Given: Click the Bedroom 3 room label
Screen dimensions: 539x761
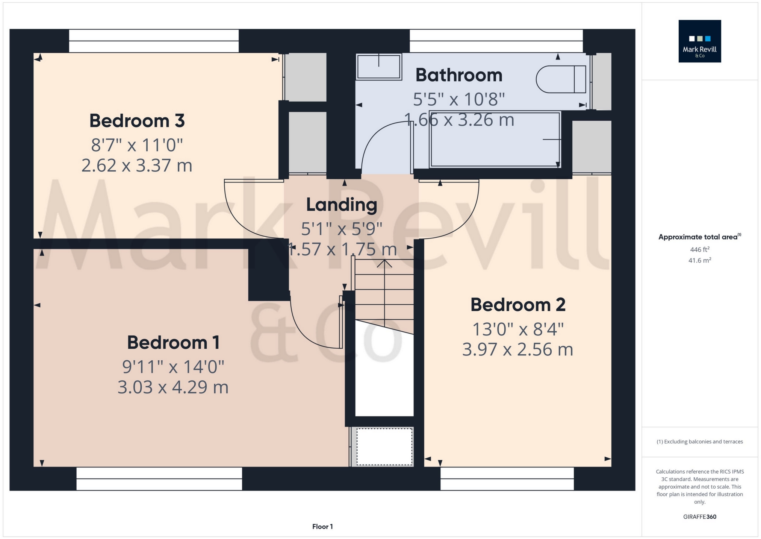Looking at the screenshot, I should [x=137, y=121].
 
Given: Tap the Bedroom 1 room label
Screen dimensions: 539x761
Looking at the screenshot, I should [x=173, y=342].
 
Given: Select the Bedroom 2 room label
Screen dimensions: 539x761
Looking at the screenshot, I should [x=518, y=305].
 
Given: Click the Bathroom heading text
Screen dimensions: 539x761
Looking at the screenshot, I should [x=459, y=75].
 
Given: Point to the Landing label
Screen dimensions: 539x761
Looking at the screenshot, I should [x=342, y=205].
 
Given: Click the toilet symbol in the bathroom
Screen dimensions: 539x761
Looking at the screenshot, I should [x=560, y=79].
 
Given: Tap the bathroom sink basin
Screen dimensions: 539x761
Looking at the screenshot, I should [x=379, y=67].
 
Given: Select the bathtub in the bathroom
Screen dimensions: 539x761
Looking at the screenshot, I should [x=495, y=139].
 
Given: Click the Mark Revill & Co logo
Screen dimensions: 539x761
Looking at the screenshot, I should [x=699, y=41].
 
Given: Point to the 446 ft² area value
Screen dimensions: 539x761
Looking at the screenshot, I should [x=699, y=249].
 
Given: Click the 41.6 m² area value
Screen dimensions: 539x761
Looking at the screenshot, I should [x=699, y=260].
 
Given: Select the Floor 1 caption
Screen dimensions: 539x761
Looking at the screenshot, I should [x=322, y=527].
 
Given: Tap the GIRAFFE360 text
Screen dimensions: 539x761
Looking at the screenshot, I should [x=699, y=517].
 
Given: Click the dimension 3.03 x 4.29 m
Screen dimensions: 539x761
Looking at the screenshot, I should [x=173, y=387].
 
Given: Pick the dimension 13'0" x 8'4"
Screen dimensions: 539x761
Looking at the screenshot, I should [x=518, y=329].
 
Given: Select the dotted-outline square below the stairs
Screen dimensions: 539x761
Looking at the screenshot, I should [x=384, y=446].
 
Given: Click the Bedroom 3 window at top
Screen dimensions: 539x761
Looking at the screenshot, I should [x=154, y=41].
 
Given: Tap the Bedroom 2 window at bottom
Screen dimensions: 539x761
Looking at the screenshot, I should [x=507, y=478].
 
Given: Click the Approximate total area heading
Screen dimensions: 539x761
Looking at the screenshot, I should [x=699, y=237].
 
